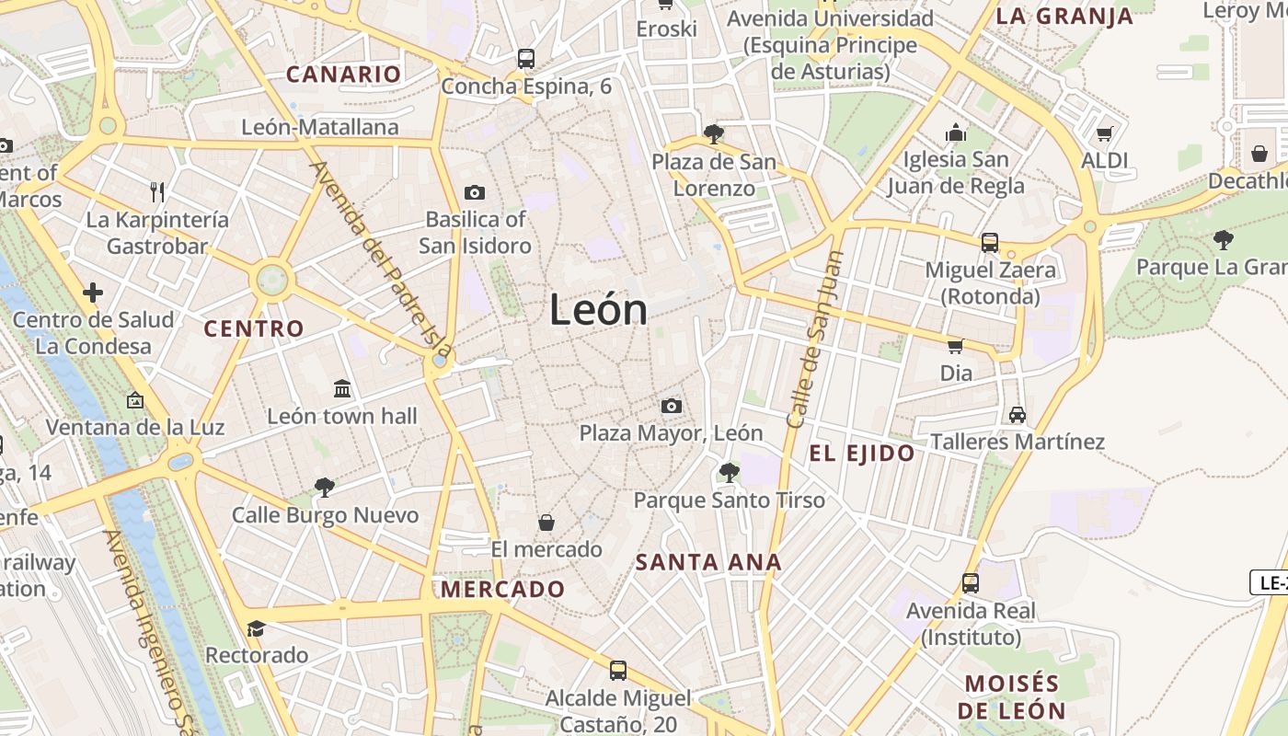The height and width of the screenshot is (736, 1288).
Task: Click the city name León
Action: point(598,310)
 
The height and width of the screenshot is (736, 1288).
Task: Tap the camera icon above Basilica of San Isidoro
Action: point(475,192)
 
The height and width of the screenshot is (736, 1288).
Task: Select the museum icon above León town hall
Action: point(342,388)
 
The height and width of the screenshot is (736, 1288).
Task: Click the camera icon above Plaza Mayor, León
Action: point(672,406)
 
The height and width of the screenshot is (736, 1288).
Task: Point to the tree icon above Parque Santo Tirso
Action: point(729,473)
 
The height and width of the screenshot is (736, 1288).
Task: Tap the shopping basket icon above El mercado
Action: point(546,523)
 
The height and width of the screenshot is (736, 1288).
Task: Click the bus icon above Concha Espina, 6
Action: point(526,59)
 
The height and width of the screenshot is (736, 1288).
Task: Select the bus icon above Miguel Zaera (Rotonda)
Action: point(990,243)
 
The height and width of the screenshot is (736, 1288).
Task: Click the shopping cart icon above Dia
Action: point(956,346)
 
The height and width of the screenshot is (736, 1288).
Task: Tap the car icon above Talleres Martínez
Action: point(1017,414)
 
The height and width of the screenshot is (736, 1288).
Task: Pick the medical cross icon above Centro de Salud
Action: point(93,293)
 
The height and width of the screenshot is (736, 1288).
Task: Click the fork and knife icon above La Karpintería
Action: point(157,192)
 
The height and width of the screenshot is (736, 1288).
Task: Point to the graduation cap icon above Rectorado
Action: point(256,628)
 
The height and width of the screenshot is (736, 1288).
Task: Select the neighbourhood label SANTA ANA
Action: point(708,562)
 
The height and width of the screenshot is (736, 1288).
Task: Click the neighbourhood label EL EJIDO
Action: point(861,453)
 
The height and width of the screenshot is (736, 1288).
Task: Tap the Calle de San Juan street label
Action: point(814,339)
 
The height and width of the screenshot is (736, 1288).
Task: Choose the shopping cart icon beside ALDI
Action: point(1104,134)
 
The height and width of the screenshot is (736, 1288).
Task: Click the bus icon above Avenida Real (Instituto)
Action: point(971,582)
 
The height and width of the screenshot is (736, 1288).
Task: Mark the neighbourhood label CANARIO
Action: point(344,75)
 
